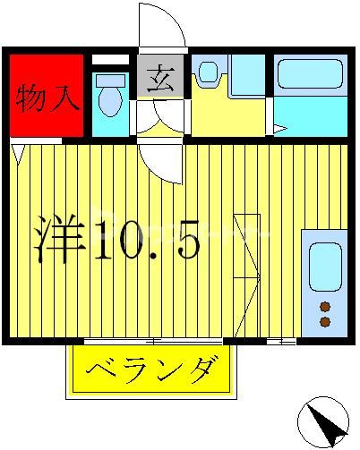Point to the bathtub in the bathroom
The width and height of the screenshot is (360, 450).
coord(308,74)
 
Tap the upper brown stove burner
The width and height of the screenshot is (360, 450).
coord(323,306)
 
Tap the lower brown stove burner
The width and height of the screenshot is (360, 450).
coord(323,320)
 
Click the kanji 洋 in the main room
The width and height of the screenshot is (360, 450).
coord(62,236)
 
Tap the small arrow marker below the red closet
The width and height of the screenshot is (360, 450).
coord(18,149)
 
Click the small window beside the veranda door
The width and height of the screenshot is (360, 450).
coord(281,341)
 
